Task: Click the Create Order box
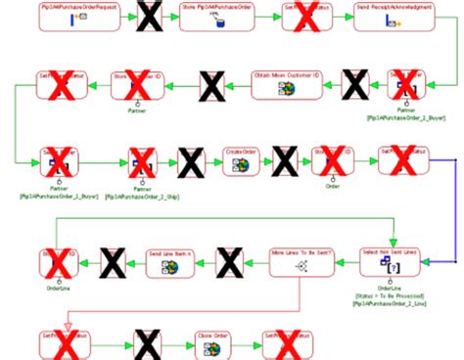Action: (240, 160)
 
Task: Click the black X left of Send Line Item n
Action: (113, 261)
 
